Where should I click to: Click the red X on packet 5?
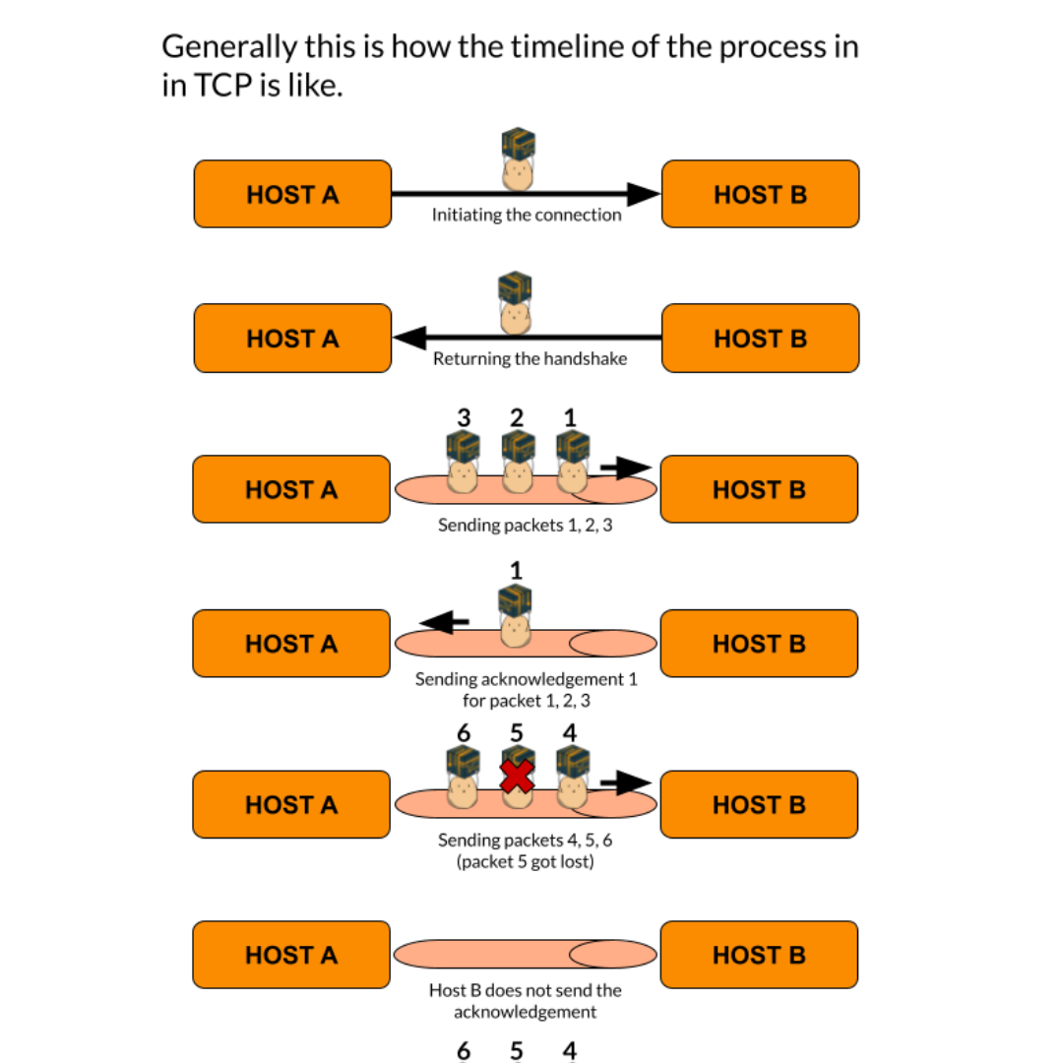pos(517,776)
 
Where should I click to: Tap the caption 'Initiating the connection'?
pos(527,215)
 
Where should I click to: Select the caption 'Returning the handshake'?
pos(530,358)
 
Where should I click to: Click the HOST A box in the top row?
pos(292,194)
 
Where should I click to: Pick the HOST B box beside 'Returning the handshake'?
pos(760,338)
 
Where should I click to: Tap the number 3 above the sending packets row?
pos(463,416)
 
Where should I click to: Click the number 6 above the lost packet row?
pos(464,732)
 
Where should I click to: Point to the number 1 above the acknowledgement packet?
pos(516,570)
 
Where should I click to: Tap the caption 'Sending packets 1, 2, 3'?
pos(525,525)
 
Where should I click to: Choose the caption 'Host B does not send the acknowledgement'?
pos(525,1001)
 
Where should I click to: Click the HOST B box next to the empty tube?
pos(759,954)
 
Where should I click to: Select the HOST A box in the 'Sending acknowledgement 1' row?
pos(291,643)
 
